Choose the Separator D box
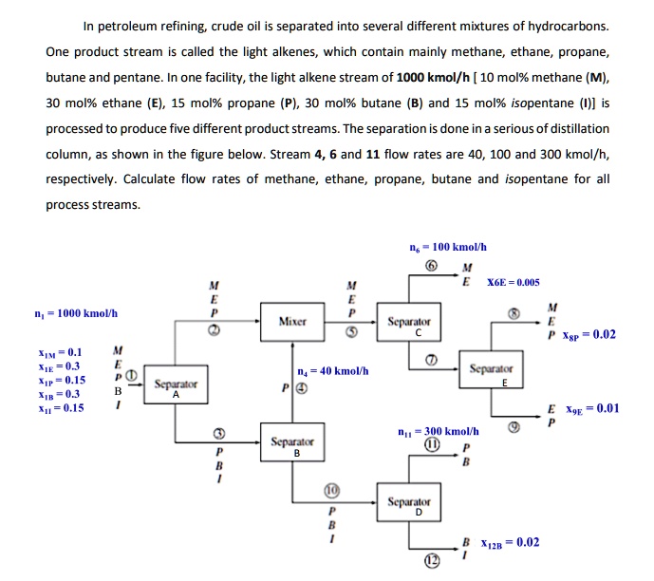pos(410,505)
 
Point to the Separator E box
pos(492,372)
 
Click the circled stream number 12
pos(432,562)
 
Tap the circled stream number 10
pos(330,492)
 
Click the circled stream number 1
pos(133,377)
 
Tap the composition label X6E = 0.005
pos(513,282)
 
